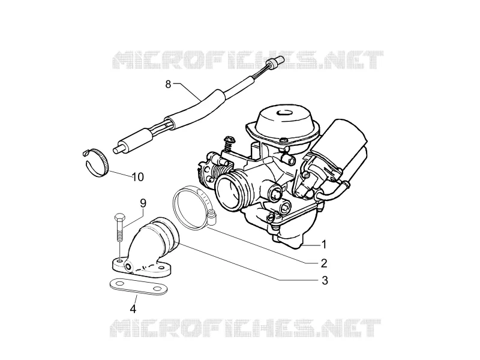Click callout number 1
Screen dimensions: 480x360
coord(323,245)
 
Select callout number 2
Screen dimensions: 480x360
coord(324,263)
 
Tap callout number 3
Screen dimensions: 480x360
coord(325,280)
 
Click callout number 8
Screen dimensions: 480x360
coord(168,83)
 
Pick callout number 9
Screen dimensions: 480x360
coord(143,203)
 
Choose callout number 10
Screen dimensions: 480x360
coord(138,176)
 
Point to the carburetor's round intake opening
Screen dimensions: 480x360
coord(227,192)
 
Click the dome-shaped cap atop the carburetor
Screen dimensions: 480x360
coord(284,122)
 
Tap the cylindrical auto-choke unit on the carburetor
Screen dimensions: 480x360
coord(343,147)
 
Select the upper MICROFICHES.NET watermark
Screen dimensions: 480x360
coord(248,59)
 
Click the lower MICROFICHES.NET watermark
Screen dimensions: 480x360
coord(245,328)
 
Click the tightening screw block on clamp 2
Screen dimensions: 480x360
coord(211,217)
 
